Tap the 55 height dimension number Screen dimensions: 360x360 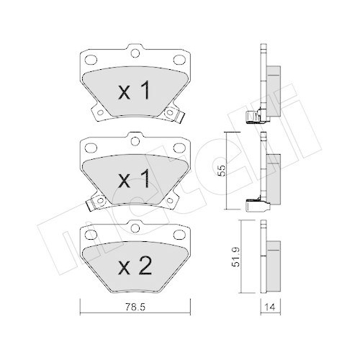pos(223,171)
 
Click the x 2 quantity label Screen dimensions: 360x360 pos(134,267)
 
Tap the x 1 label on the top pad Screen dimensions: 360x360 pos(134,92)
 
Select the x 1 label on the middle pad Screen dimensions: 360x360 pos(134,179)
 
